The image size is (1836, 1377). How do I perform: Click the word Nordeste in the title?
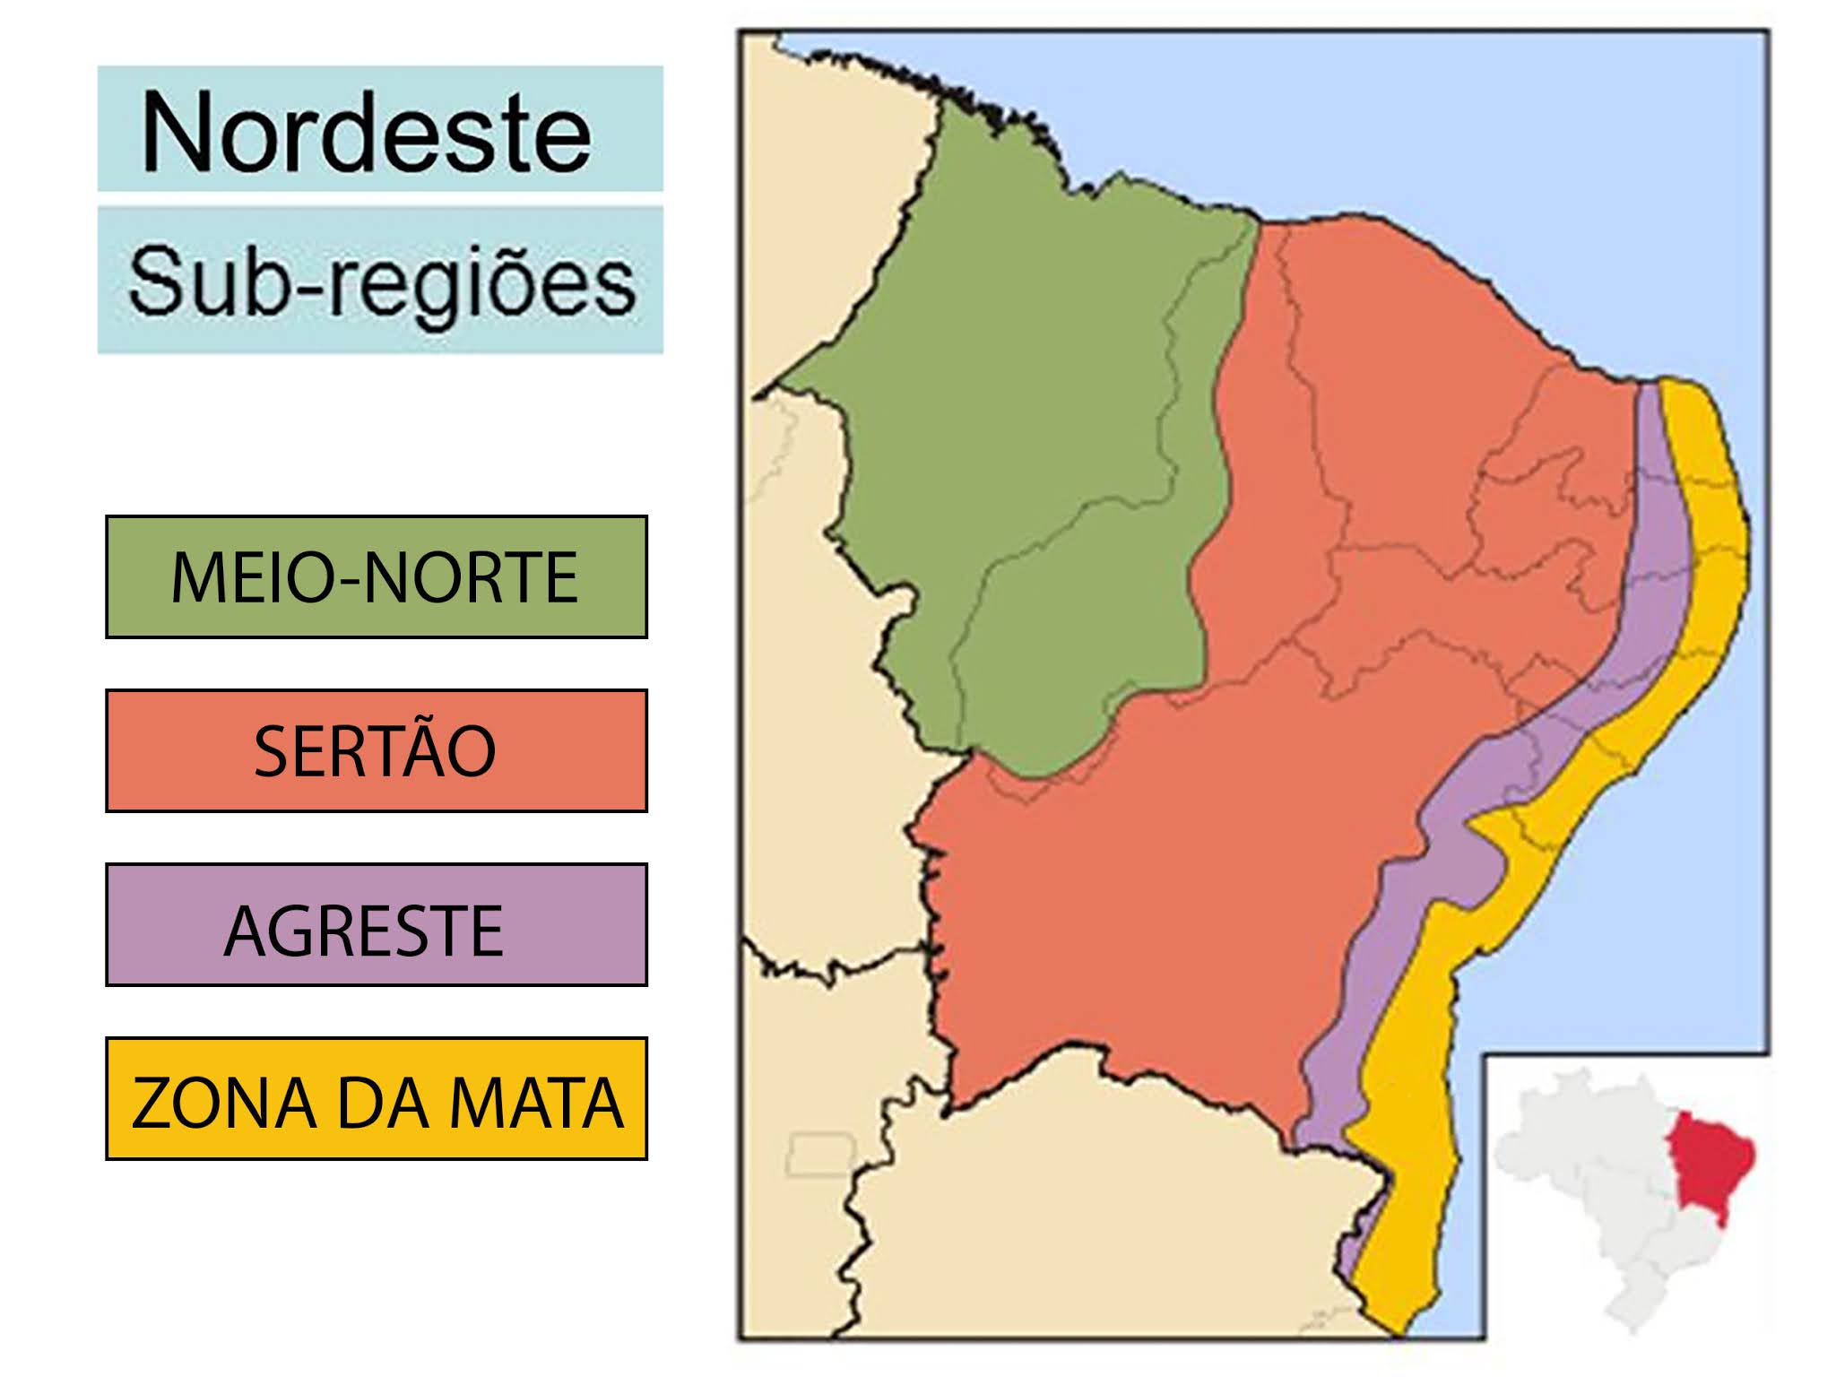pos(366,133)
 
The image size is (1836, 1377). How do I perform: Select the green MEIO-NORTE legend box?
pos(377,576)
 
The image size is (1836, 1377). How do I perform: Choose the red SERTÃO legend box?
pos(377,750)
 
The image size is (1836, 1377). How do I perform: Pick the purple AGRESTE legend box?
pos(377,924)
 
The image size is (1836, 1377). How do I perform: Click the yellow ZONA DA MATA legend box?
pos(377,1098)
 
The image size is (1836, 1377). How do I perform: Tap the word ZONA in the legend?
pos(224,1103)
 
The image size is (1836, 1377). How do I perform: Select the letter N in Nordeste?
pos(177,133)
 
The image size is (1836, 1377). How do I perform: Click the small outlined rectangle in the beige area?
pos(821,1155)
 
